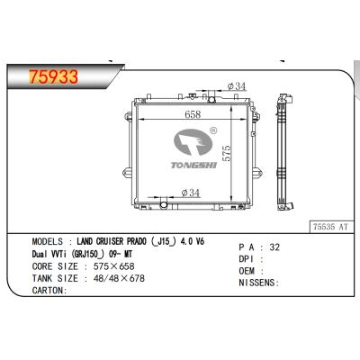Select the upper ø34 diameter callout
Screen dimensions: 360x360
coord(237,86)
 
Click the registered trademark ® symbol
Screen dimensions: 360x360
coord(213,130)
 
